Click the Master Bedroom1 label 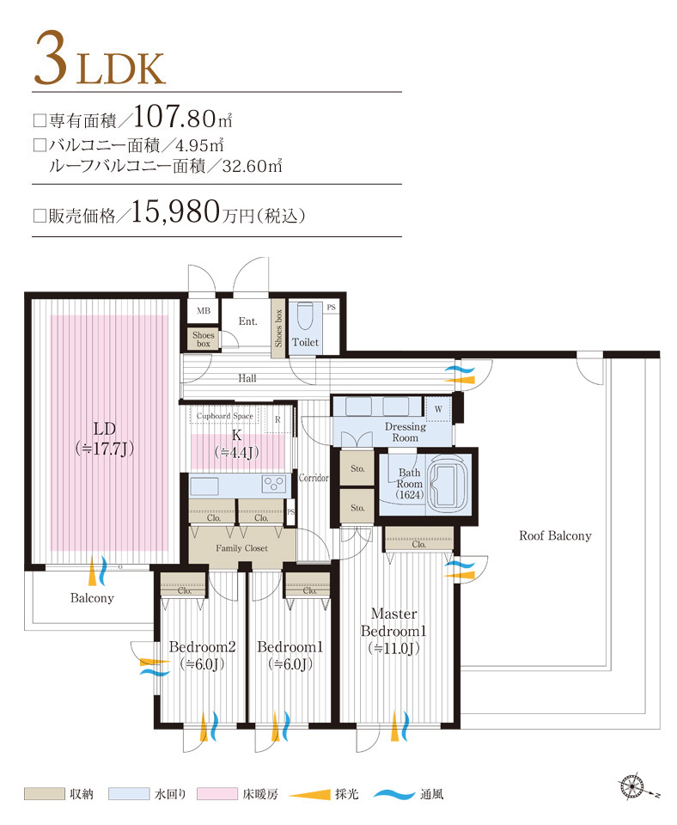pos(393,631)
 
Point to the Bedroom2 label pos(202,655)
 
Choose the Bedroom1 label pos(290,655)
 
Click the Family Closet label pos(241,547)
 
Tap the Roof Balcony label pos(555,535)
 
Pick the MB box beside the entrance pos(204,310)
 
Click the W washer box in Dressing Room pos(438,408)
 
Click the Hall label pos(247,378)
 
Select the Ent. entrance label pos(248,321)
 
